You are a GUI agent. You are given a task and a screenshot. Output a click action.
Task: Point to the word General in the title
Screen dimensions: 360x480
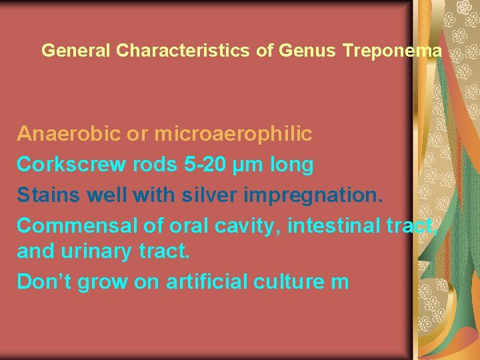[x=75, y=50]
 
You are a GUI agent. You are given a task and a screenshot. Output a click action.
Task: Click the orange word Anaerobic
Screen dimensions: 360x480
[x=69, y=134]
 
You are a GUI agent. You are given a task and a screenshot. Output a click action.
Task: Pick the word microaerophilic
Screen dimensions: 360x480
[x=233, y=134]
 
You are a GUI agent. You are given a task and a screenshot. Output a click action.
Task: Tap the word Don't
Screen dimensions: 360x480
[x=44, y=281]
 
